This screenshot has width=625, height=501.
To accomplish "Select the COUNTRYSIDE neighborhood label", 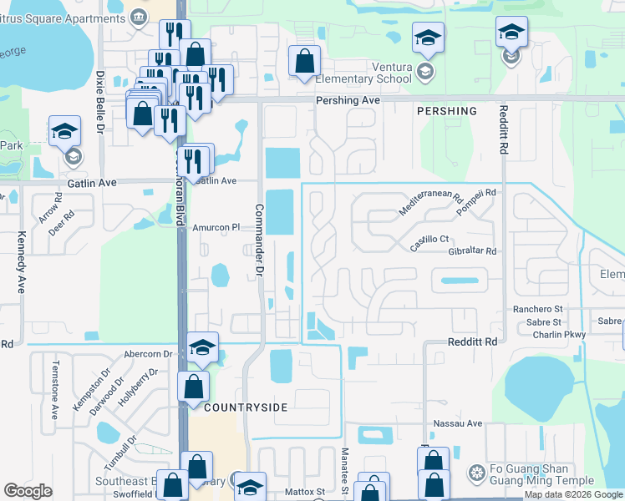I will pyautogui.click(x=246, y=407).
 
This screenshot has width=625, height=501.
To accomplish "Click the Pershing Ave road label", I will pyautogui.click(x=348, y=99).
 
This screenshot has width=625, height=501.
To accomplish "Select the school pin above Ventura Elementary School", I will pyautogui.click(x=427, y=38).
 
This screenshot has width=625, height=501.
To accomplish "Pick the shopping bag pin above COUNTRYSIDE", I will pyautogui.click(x=193, y=387).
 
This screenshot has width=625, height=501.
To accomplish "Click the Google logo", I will pyautogui.click(x=28, y=491).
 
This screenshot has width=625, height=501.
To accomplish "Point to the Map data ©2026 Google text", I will pyautogui.click(x=573, y=494).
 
